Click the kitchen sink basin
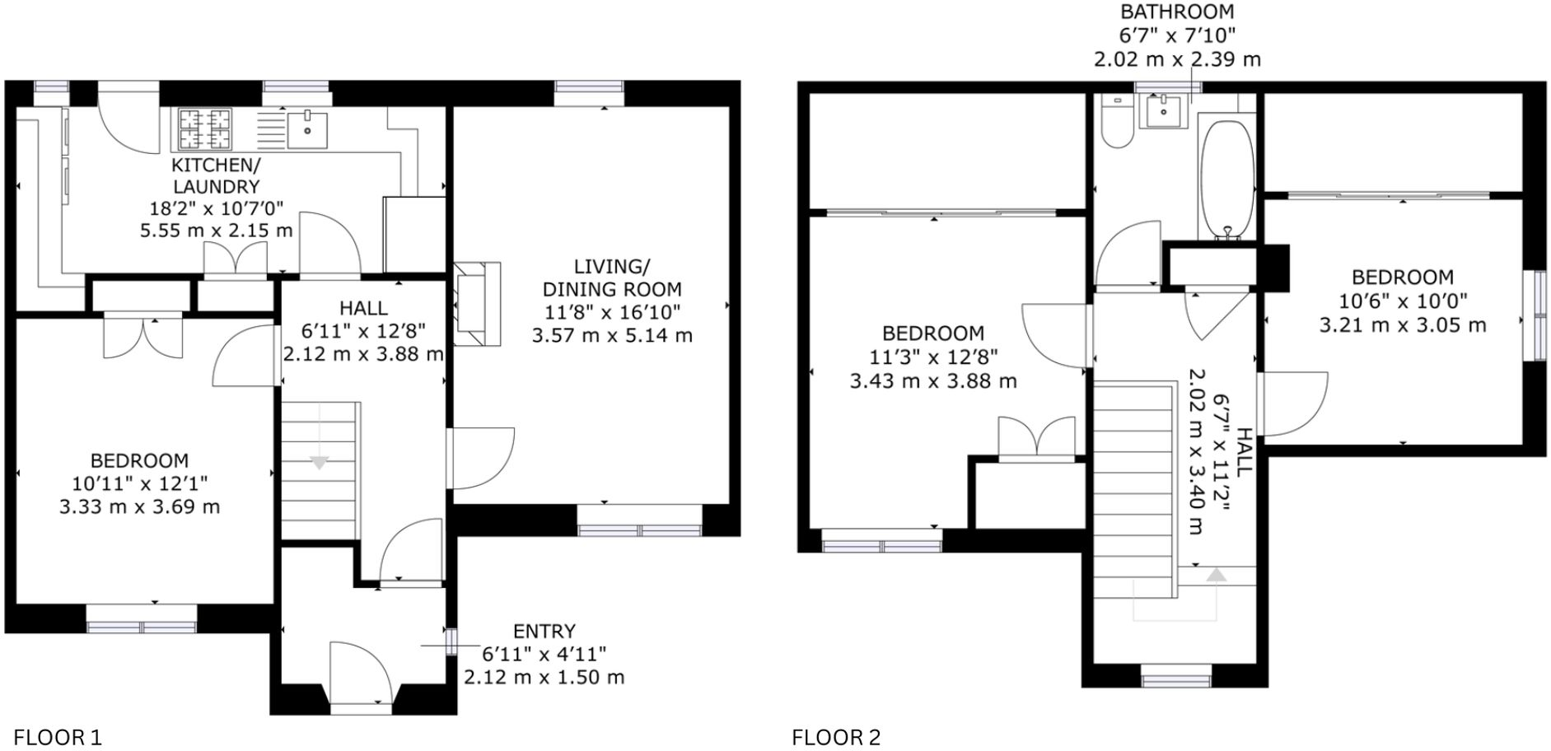(x=307, y=128)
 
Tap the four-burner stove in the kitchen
(x=205, y=129)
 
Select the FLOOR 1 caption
(x=58, y=737)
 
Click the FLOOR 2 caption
(x=836, y=737)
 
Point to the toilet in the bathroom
(x=1117, y=124)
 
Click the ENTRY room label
(x=544, y=632)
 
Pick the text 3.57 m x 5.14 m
(x=612, y=335)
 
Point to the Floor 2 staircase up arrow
(x=1215, y=576)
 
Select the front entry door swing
(x=361, y=671)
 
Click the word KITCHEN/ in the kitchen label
(x=216, y=164)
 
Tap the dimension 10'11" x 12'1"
(x=139, y=483)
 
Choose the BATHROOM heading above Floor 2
(x=1177, y=12)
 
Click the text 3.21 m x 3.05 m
(x=1402, y=324)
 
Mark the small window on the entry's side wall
(x=451, y=641)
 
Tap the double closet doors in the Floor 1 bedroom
(x=143, y=336)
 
